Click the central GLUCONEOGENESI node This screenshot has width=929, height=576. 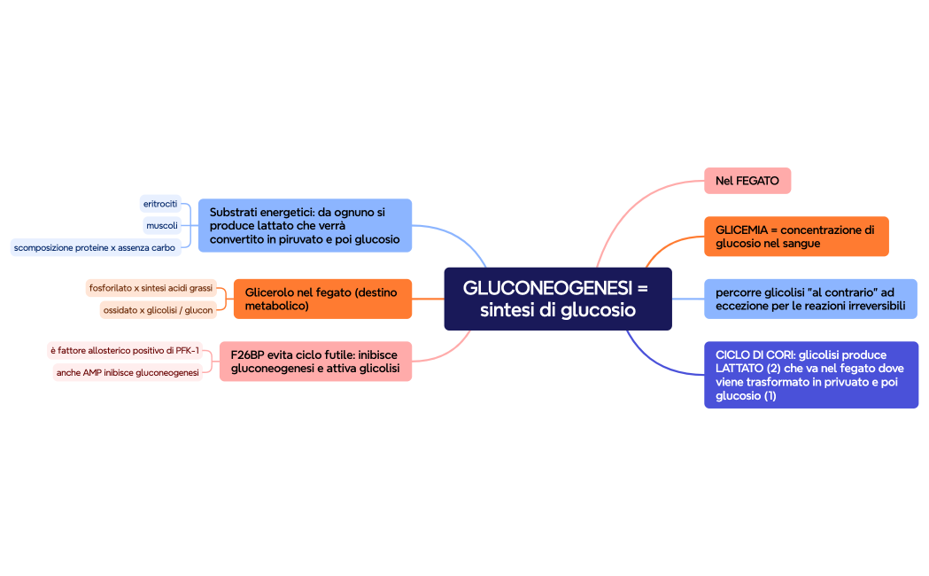coord(557,299)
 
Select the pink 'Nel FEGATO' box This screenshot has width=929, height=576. coord(747,181)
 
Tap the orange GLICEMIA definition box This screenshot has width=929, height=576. coord(795,237)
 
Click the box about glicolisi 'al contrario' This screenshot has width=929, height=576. coord(809,299)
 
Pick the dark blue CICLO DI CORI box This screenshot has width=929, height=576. coord(810,375)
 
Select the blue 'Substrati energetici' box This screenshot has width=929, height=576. coord(305,225)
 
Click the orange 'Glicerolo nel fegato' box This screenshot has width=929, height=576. coord(322,299)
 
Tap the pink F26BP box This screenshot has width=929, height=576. coord(315,362)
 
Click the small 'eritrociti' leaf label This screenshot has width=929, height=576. coord(160,204)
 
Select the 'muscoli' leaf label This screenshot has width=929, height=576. coord(162,225)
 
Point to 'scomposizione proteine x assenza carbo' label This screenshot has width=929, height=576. coord(95,247)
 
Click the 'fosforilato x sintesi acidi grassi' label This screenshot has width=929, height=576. coord(151,288)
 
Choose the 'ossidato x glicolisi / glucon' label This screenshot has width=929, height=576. coord(158,310)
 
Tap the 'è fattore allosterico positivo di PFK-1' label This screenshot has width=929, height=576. coord(125,350)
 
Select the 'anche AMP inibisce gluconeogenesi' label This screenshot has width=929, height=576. coord(128,373)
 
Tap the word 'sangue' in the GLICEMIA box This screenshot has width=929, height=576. coord(801,244)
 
